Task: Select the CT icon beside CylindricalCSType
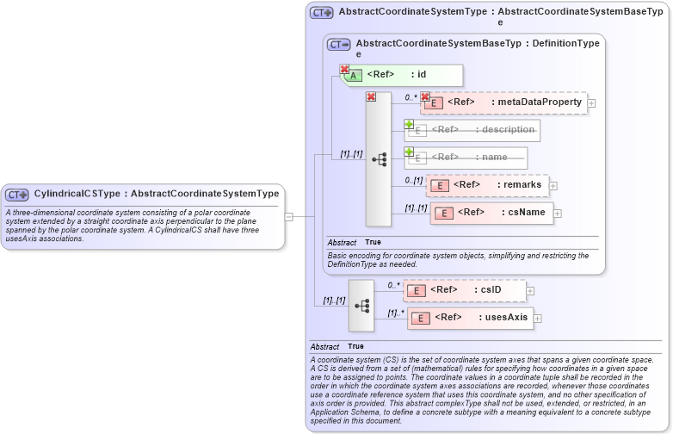pos(17,195)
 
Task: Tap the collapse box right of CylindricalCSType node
pos(289,216)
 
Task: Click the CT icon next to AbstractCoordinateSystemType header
pos(322,13)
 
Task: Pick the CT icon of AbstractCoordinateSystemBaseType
pos(339,44)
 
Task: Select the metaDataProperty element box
pos(503,102)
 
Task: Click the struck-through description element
pos(472,130)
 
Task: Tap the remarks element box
pos(487,185)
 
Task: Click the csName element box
pos(491,213)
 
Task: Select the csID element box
pos(464,290)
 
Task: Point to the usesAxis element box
pos(469,318)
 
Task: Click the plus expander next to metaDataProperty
pos(591,103)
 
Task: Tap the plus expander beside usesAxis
pos(538,319)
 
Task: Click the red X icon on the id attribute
pos(344,69)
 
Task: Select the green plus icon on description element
pos(410,124)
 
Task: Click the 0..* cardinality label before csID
pos(392,285)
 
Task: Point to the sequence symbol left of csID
pos(361,305)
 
